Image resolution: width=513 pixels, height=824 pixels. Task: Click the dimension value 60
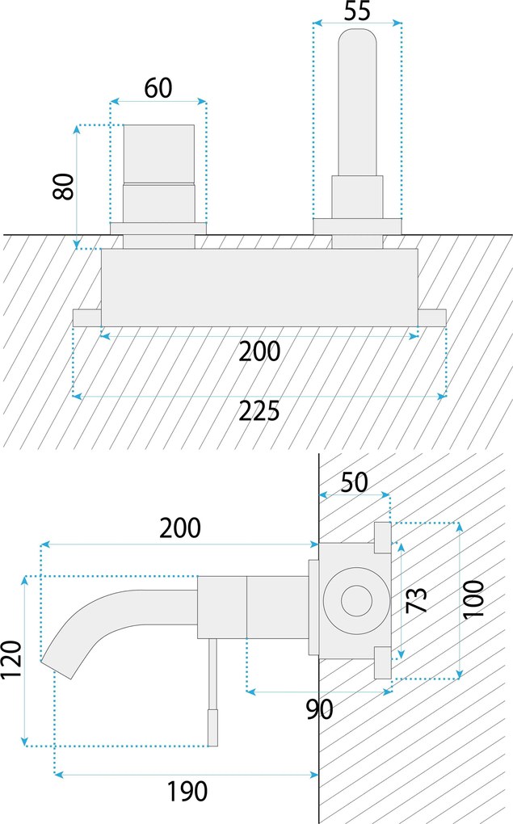pyautogui.click(x=158, y=87)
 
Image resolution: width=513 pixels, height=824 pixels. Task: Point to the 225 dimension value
pyautogui.click(x=259, y=411)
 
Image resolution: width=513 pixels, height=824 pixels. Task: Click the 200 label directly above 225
pyautogui.click(x=259, y=351)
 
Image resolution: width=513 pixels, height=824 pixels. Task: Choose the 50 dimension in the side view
pyautogui.click(x=354, y=482)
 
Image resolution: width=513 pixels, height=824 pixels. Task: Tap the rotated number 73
pyautogui.click(x=416, y=599)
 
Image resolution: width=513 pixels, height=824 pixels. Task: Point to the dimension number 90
pyautogui.click(x=320, y=710)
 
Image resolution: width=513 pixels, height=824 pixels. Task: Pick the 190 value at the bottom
pyautogui.click(x=187, y=792)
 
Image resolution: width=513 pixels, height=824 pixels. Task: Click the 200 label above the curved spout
pyautogui.click(x=179, y=528)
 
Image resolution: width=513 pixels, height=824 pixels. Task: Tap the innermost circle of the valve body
pyautogui.click(x=355, y=601)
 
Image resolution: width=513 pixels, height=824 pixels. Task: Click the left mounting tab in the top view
pyautogui.click(x=86, y=317)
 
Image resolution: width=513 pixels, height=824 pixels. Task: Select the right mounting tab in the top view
pyautogui.click(x=432, y=317)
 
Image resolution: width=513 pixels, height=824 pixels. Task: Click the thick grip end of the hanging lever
pyautogui.click(x=214, y=727)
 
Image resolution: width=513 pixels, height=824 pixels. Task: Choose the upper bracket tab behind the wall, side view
pyautogui.click(x=382, y=537)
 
